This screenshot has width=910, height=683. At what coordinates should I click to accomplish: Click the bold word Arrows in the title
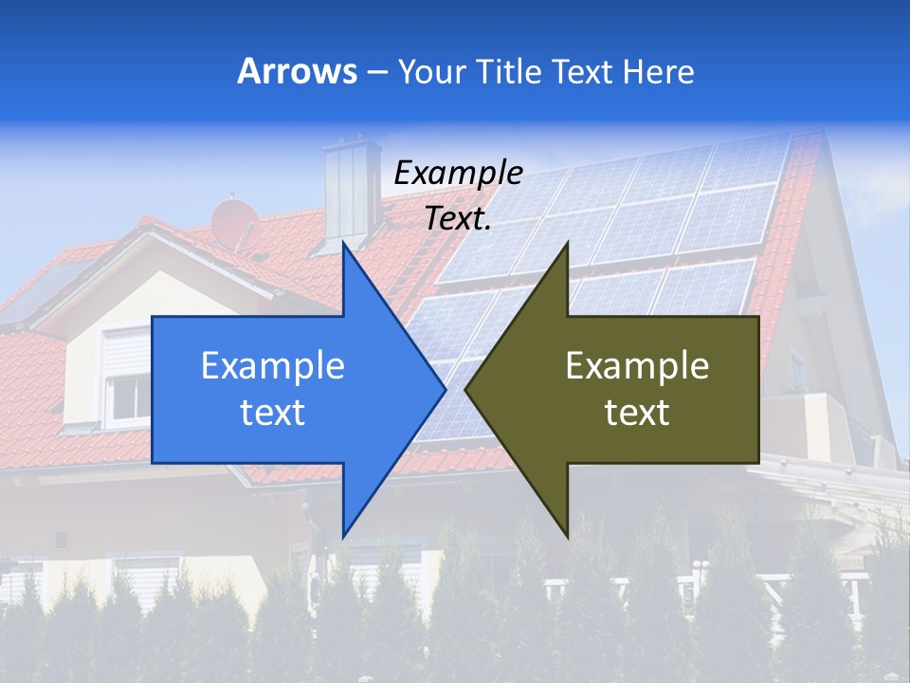[298, 71]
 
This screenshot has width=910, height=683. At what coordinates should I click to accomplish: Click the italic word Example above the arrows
[458, 173]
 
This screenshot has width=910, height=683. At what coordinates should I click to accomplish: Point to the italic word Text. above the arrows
[458, 218]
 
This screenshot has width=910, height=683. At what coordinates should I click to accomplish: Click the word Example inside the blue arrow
[273, 366]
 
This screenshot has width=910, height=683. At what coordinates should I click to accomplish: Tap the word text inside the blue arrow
[273, 412]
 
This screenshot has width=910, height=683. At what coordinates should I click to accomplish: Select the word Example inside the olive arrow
[637, 366]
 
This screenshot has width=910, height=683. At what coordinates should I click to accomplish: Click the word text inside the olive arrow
[637, 412]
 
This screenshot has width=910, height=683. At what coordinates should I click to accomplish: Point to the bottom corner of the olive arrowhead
[566, 533]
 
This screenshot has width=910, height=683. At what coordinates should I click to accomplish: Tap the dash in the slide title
[376, 72]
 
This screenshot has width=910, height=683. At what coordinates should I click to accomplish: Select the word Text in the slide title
[583, 71]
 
